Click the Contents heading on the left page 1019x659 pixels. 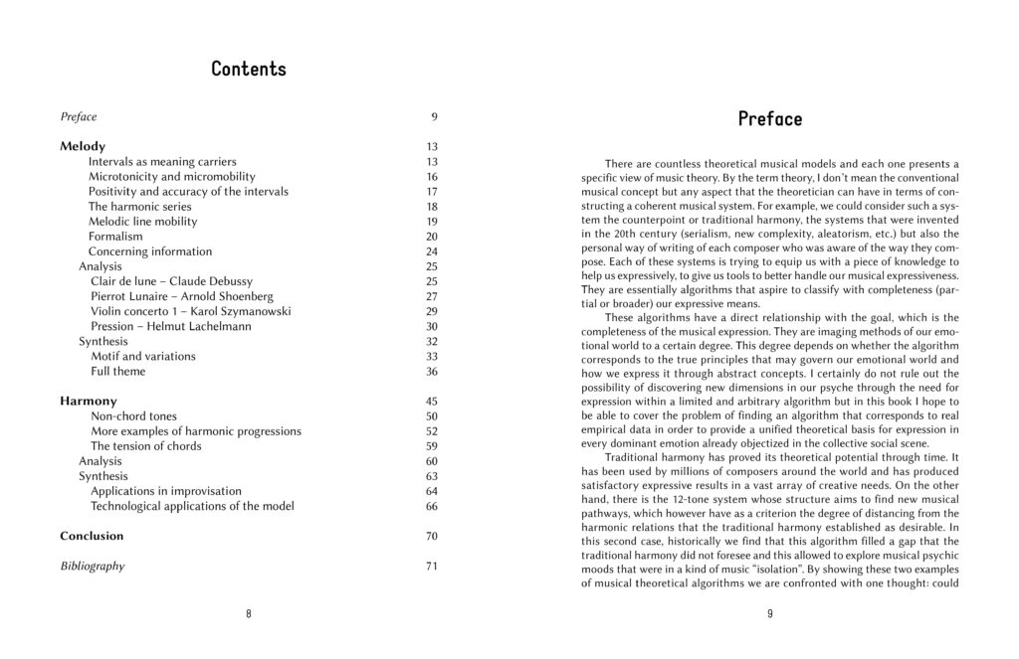[248, 70]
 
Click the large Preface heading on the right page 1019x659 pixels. [769, 119]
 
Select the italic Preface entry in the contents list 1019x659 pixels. [78, 117]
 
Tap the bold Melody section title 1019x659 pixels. [83, 146]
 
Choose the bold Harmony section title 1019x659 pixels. [88, 402]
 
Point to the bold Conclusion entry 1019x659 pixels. [92, 536]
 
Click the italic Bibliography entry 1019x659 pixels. [93, 567]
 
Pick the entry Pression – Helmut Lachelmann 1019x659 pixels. [171, 326]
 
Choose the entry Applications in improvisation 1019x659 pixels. [166, 491]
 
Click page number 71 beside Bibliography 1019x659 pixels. [432, 567]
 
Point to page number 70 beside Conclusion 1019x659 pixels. [432, 536]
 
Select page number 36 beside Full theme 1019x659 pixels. [432, 372]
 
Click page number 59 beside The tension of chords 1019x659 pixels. [432, 446]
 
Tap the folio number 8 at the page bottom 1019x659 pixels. [249, 613]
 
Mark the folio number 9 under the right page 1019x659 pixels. [770, 613]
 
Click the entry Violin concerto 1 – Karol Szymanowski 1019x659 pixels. [183, 311]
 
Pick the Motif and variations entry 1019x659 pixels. [143, 356]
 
